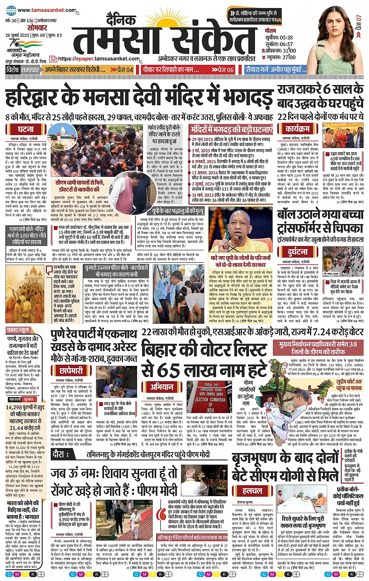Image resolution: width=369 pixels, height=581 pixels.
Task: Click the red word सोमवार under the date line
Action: click(x=37, y=28)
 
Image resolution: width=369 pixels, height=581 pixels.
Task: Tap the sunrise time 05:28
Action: click(x=286, y=37)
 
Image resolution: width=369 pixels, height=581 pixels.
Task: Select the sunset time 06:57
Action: click(x=286, y=44)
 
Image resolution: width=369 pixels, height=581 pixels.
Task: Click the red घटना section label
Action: click(x=26, y=129)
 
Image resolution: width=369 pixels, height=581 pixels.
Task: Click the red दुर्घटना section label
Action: click(x=298, y=252)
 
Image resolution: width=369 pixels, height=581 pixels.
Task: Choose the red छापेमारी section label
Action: click(x=71, y=370)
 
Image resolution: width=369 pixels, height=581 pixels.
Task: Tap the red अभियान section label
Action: click(x=162, y=387)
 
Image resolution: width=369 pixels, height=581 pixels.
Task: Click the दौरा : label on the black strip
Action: click(x=61, y=454)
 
